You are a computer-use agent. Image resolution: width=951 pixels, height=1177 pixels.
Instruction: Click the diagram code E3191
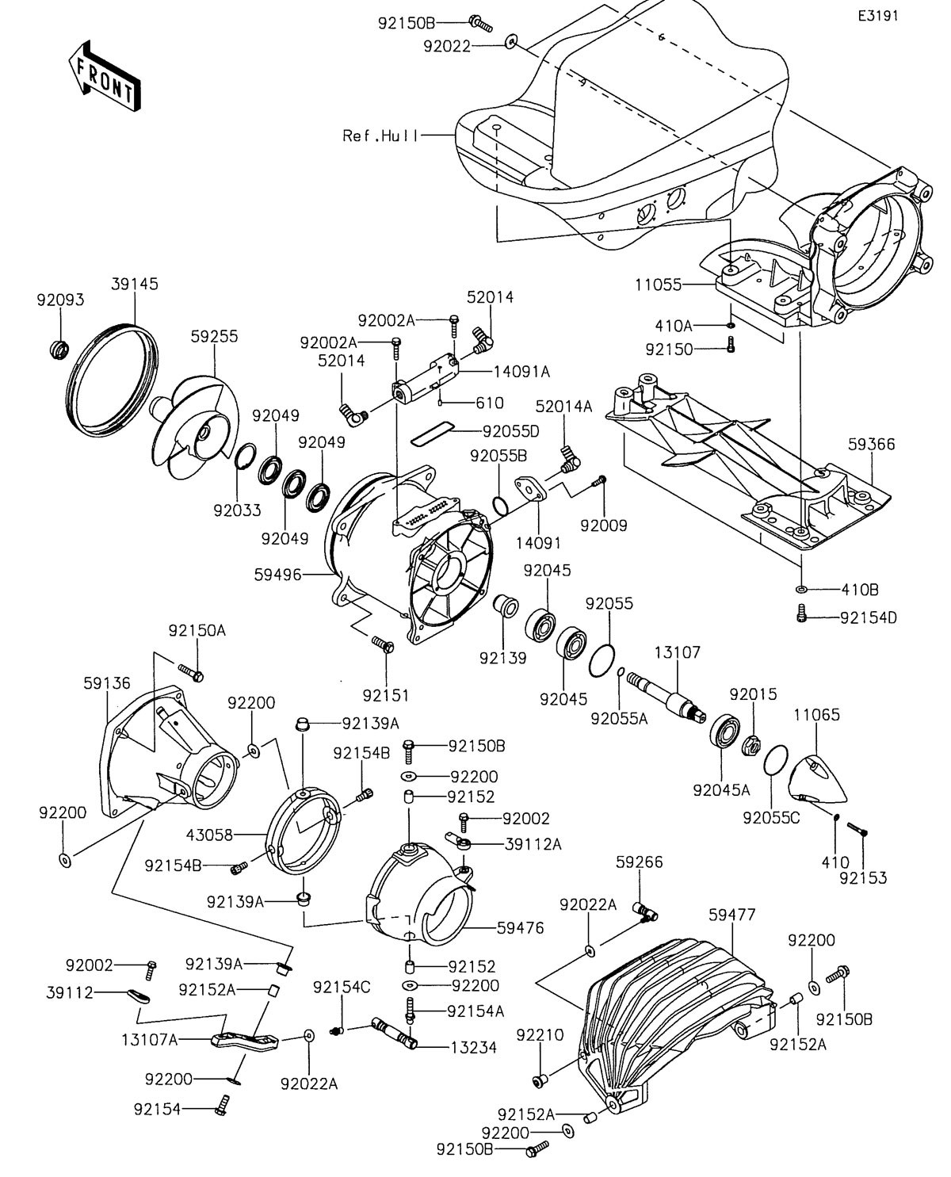tap(877, 16)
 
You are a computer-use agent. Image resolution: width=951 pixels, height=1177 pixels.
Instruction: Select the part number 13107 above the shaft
tap(677, 652)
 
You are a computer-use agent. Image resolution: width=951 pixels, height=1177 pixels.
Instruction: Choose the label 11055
tap(658, 284)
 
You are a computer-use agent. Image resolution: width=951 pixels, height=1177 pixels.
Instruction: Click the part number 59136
tap(107, 682)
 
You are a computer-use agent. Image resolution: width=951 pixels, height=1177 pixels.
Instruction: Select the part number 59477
tap(731, 915)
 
